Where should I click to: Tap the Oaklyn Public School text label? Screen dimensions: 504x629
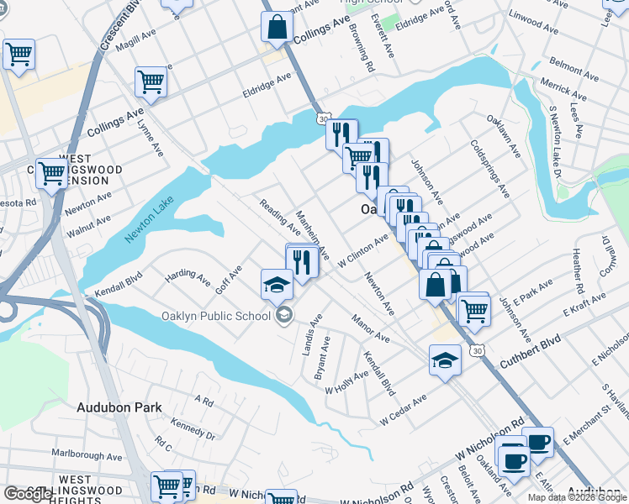point(216,316)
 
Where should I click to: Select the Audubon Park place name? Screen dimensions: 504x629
point(119,407)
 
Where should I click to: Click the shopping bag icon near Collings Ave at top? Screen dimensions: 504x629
point(277,27)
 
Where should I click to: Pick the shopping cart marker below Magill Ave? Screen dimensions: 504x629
point(151,82)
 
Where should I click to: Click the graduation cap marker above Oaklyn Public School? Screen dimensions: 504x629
point(277,284)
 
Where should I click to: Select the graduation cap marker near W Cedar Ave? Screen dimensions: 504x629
point(446,360)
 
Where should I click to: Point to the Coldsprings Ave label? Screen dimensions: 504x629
point(490,168)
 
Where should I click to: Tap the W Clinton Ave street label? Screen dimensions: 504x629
point(362,251)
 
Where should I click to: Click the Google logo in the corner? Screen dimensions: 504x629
point(28,494)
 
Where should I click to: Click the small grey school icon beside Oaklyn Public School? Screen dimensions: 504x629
point(283,315)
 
